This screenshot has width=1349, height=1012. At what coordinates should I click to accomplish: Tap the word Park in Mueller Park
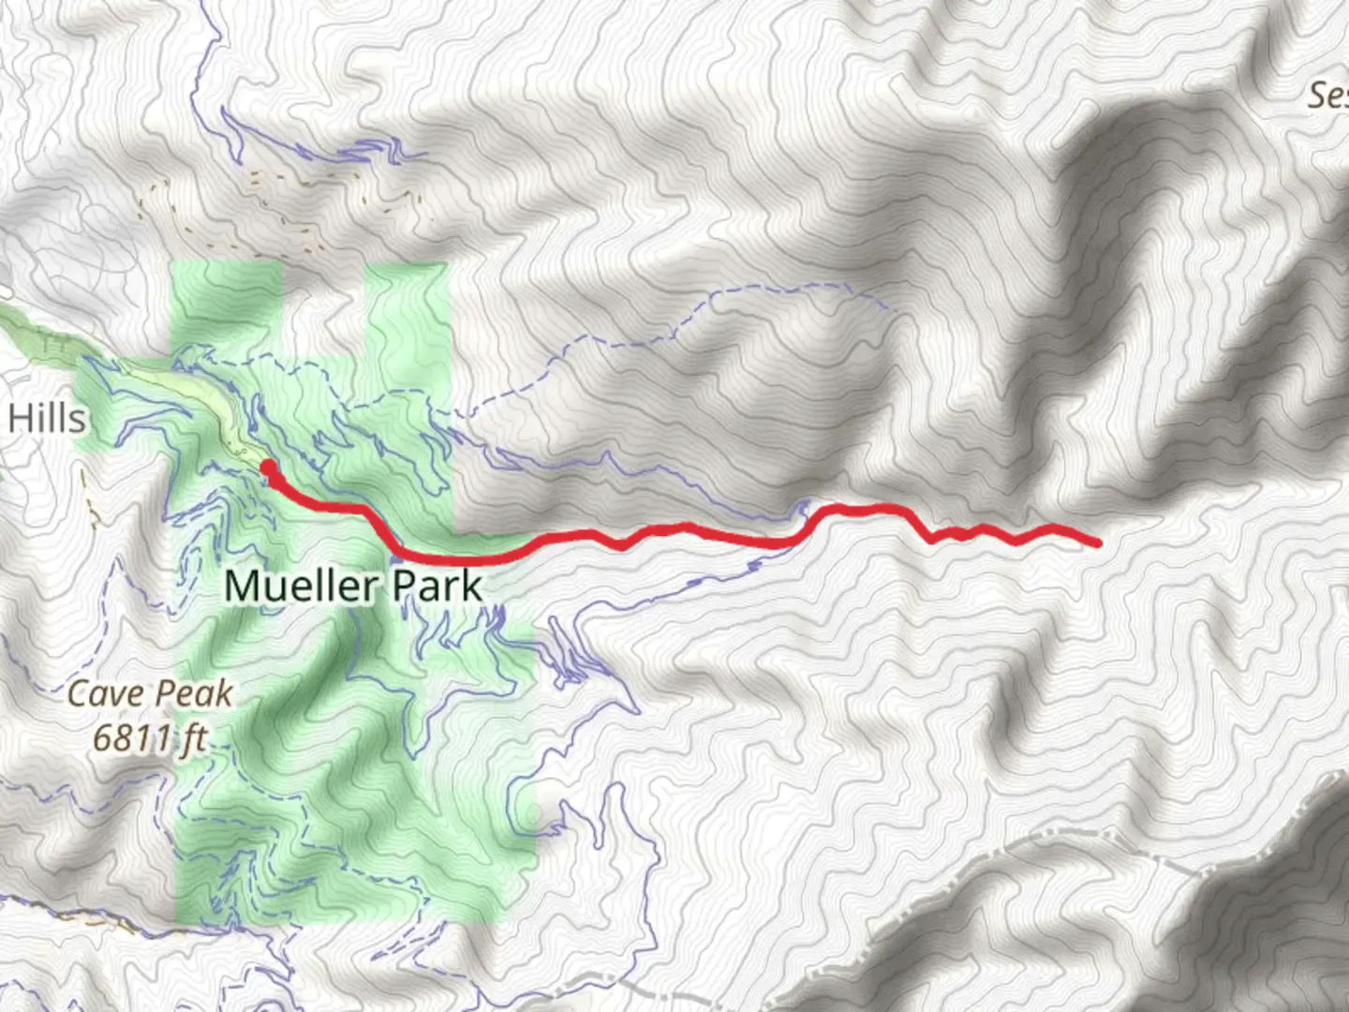(x=437, y=586)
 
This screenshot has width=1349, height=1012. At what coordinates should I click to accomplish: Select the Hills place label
(x=47, y=418)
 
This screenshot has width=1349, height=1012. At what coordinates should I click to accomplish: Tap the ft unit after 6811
(x=195, y=738)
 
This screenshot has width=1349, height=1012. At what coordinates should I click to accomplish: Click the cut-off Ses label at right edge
(x=1328, y=96)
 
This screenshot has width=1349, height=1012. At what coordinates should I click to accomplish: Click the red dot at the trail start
(x=267, y=467)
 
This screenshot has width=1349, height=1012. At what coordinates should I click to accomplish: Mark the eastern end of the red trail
(x=1095, y=542)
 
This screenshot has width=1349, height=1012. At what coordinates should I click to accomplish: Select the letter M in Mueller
(x=240, y=586)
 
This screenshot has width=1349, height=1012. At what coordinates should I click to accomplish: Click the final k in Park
(x=471, y=586)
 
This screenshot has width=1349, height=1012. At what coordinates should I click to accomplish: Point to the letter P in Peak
(x=167, y=694)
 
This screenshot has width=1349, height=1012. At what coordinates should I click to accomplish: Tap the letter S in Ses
(x=1317, y=96)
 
